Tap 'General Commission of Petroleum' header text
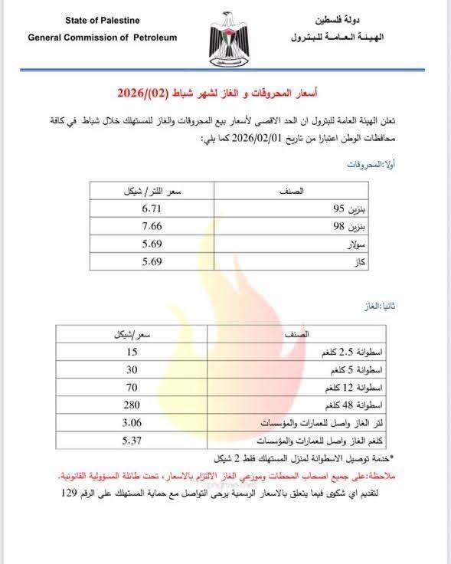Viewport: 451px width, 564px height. tap(103, 37)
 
